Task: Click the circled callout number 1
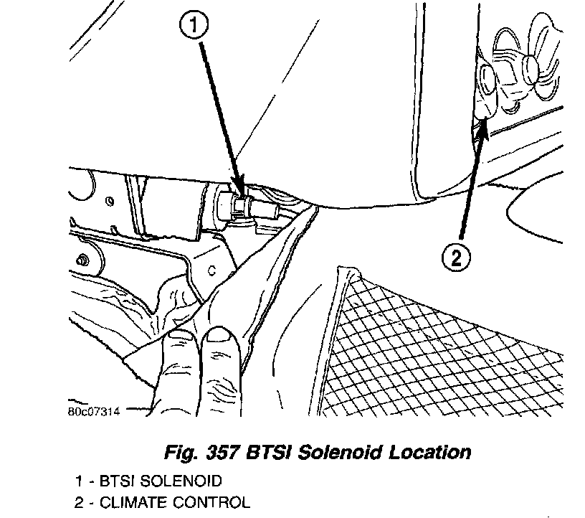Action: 195,27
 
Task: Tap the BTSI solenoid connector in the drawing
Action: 240,205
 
